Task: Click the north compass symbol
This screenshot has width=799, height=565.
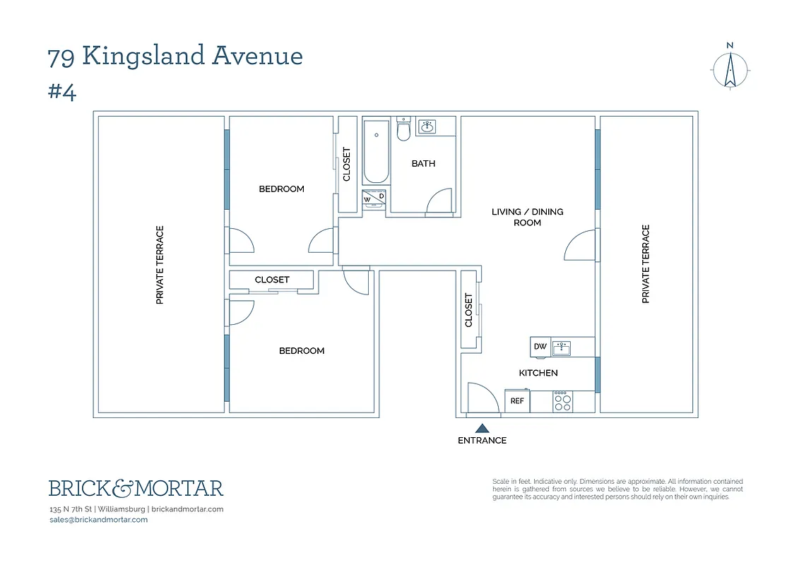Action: pos(730,69)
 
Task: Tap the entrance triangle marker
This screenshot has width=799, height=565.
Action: pos(482,427)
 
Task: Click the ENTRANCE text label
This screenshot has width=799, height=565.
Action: pos(482,440)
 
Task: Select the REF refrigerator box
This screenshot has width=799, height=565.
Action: pos(517,400)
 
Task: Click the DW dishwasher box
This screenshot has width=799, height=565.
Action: pos(540,347)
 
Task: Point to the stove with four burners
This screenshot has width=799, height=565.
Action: pos(562,401)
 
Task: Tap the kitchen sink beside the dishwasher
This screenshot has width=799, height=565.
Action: pos(562,347)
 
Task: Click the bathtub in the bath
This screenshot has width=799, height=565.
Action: pos(376,151)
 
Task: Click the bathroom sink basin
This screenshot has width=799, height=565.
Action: pos(426,127)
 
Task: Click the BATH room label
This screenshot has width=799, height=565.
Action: pos(423,163)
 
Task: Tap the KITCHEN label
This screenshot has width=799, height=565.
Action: pos(538,373)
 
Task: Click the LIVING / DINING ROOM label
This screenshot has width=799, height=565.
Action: pos(527,217)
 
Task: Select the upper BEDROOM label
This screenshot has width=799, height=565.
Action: pos(281,189)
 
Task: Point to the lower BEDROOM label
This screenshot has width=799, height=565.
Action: pos(302,351)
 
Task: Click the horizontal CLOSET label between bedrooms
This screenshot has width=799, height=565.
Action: pos(272,280)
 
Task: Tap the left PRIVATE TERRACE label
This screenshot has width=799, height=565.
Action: pos(160,265)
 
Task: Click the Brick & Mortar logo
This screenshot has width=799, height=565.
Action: pos(136,488)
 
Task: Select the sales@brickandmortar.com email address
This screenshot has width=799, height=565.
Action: pos(98,520)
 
